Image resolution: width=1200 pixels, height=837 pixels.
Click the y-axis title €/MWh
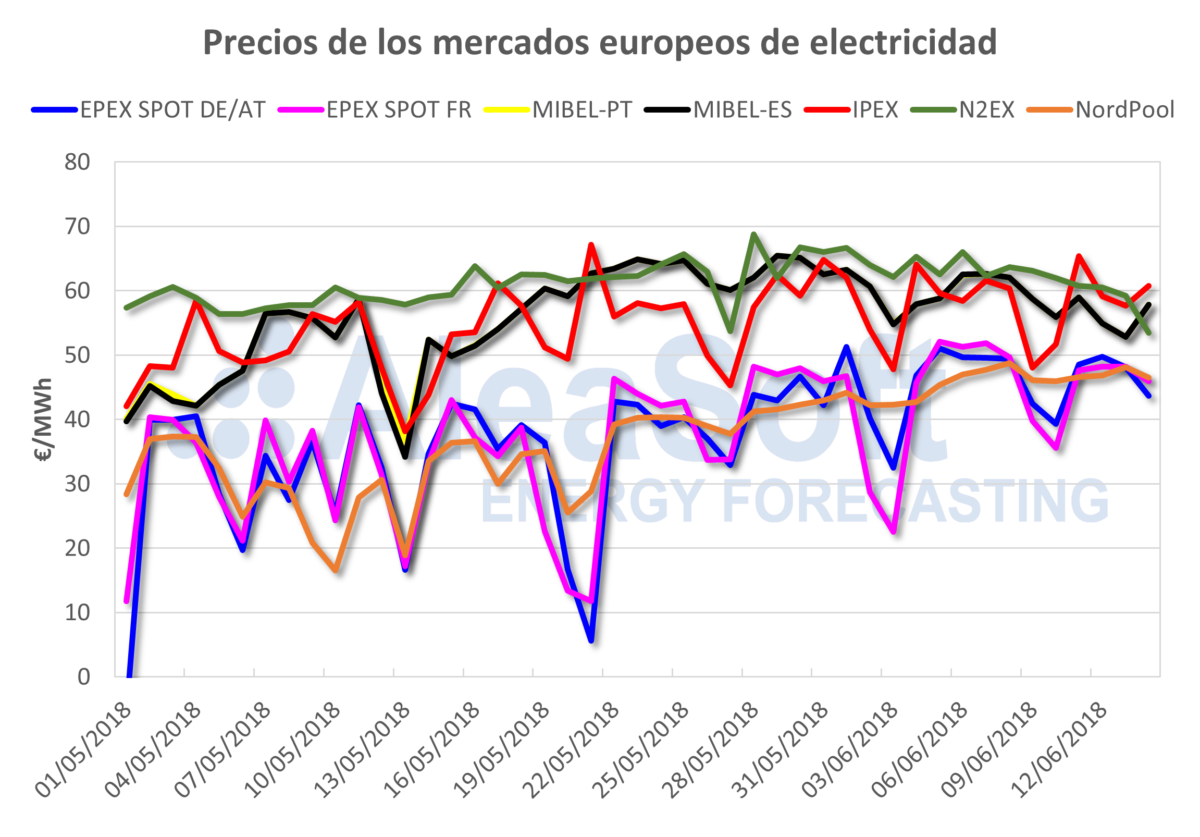pyautogui.click(x=43, y=420)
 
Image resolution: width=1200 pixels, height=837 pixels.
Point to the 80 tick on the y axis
pyautogui.click(x=77, y=163)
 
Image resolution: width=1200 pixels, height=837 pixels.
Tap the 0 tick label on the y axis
pyautogui.click(x=83, y=677)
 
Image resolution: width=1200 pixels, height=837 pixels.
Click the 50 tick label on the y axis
pyautogui.click(x=77, y=355)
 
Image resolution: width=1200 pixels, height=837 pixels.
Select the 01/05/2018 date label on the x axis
pyautogui.click(x=83, y=750)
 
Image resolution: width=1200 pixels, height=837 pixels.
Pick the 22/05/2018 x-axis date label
pyautogui.click(x=572, y=750)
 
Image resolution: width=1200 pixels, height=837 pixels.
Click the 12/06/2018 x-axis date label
pyautogui.click(x=1060, y=750)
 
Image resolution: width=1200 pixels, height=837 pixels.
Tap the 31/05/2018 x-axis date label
pyautogui.click(x=782, y=750)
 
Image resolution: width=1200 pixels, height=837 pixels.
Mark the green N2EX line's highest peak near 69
pyautogui.click(x=753, y=234)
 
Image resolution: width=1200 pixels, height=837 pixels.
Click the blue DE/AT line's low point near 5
pyautogui.click(x=591, y=640)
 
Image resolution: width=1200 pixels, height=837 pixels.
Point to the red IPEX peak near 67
pyautogui.click(x=590, y=244)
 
